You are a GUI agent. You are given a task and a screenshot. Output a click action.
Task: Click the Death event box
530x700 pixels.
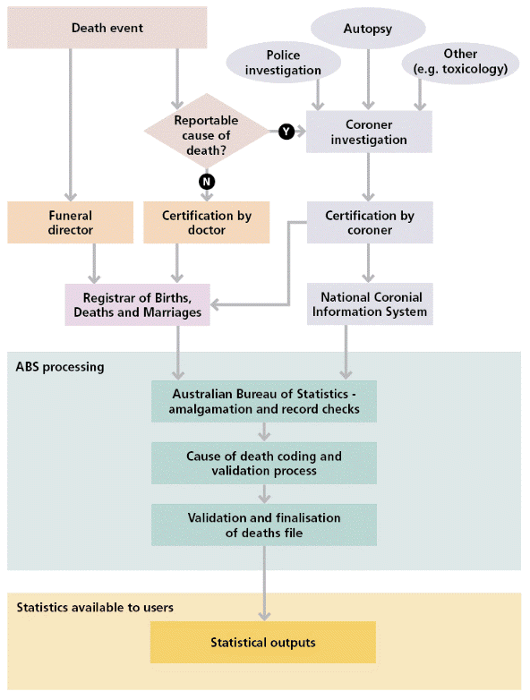coord(107,28)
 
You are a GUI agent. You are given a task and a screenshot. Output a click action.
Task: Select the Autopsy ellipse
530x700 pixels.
coord(367,30)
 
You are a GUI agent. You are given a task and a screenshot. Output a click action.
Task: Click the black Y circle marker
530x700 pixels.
coord(286,132)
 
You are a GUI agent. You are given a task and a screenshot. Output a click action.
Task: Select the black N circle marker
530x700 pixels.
coord(207,182)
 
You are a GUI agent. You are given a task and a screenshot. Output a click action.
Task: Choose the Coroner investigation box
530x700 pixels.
coord(369,132)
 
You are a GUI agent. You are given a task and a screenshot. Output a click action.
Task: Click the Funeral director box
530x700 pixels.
coord(70,223)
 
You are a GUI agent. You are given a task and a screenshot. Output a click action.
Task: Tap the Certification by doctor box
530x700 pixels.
coord(207,223)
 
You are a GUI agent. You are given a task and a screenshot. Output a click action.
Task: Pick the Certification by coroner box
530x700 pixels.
coord(369,223)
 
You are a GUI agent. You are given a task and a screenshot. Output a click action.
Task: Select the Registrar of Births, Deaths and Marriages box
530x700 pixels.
coord(138,304)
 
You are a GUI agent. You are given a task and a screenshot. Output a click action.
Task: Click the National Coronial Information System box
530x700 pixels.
coord(369,304)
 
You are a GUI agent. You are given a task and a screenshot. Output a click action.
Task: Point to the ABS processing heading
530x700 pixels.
coord(60,367)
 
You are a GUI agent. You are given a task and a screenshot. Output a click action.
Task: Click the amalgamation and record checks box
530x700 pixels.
coord(263,402)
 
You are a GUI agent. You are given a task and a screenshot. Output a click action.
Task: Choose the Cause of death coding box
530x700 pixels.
coord(263,463)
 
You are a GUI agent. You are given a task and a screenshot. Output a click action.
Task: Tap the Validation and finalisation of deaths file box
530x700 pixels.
coord(263,525)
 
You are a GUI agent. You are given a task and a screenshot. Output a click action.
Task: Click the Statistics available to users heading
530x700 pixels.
coord(95,608)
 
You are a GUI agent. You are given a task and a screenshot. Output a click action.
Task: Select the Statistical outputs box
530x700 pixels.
coord(263,643)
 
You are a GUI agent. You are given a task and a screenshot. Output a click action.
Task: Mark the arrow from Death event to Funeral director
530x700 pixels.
coord(70,125)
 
